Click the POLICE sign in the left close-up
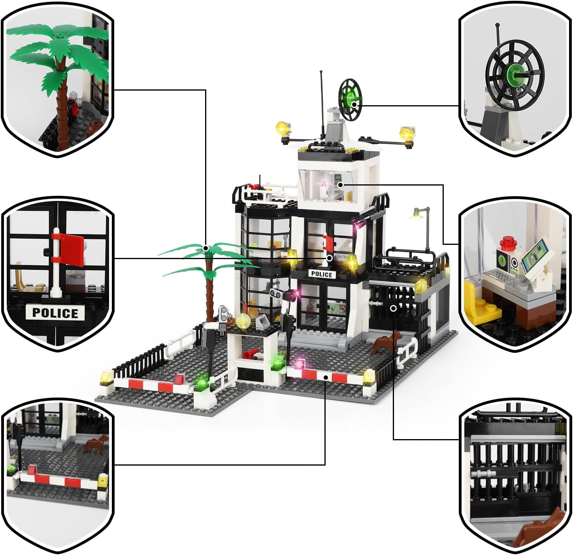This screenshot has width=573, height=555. (55, 313)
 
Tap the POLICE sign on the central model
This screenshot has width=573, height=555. (322, 275)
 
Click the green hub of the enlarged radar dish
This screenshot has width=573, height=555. (516, 76)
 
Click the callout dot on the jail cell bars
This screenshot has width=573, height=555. (393, 308)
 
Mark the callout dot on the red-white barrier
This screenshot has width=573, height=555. (326, 377)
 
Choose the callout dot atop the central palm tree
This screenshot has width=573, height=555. (206, 248)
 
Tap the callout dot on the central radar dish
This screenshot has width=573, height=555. (354, 104)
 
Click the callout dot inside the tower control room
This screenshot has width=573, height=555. (340, 185)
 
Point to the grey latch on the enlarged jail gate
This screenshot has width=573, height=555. (483, 474)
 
